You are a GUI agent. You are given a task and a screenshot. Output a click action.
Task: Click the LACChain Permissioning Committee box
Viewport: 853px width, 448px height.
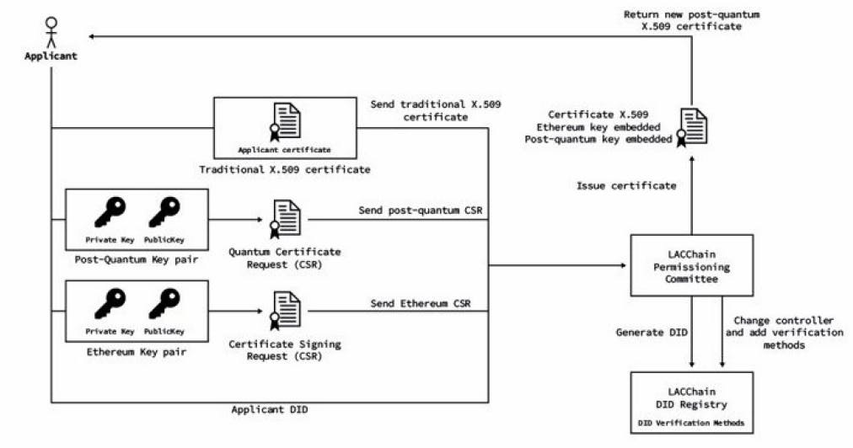pyautogui.click(x=690, y=267)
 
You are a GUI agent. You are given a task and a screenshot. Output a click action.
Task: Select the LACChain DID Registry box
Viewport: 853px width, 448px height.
pyautogui.click(x=690, y=403)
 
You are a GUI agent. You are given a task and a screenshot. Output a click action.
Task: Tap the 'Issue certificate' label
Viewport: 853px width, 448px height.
pyautogui.click(x=625, y=185)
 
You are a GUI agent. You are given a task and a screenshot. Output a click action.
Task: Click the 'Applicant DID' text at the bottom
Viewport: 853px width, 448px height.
pyautogui.click(x=268, y=409)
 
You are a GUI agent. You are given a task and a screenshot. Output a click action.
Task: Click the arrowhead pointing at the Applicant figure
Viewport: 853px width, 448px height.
pyautogui.click(x=94, y=36)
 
